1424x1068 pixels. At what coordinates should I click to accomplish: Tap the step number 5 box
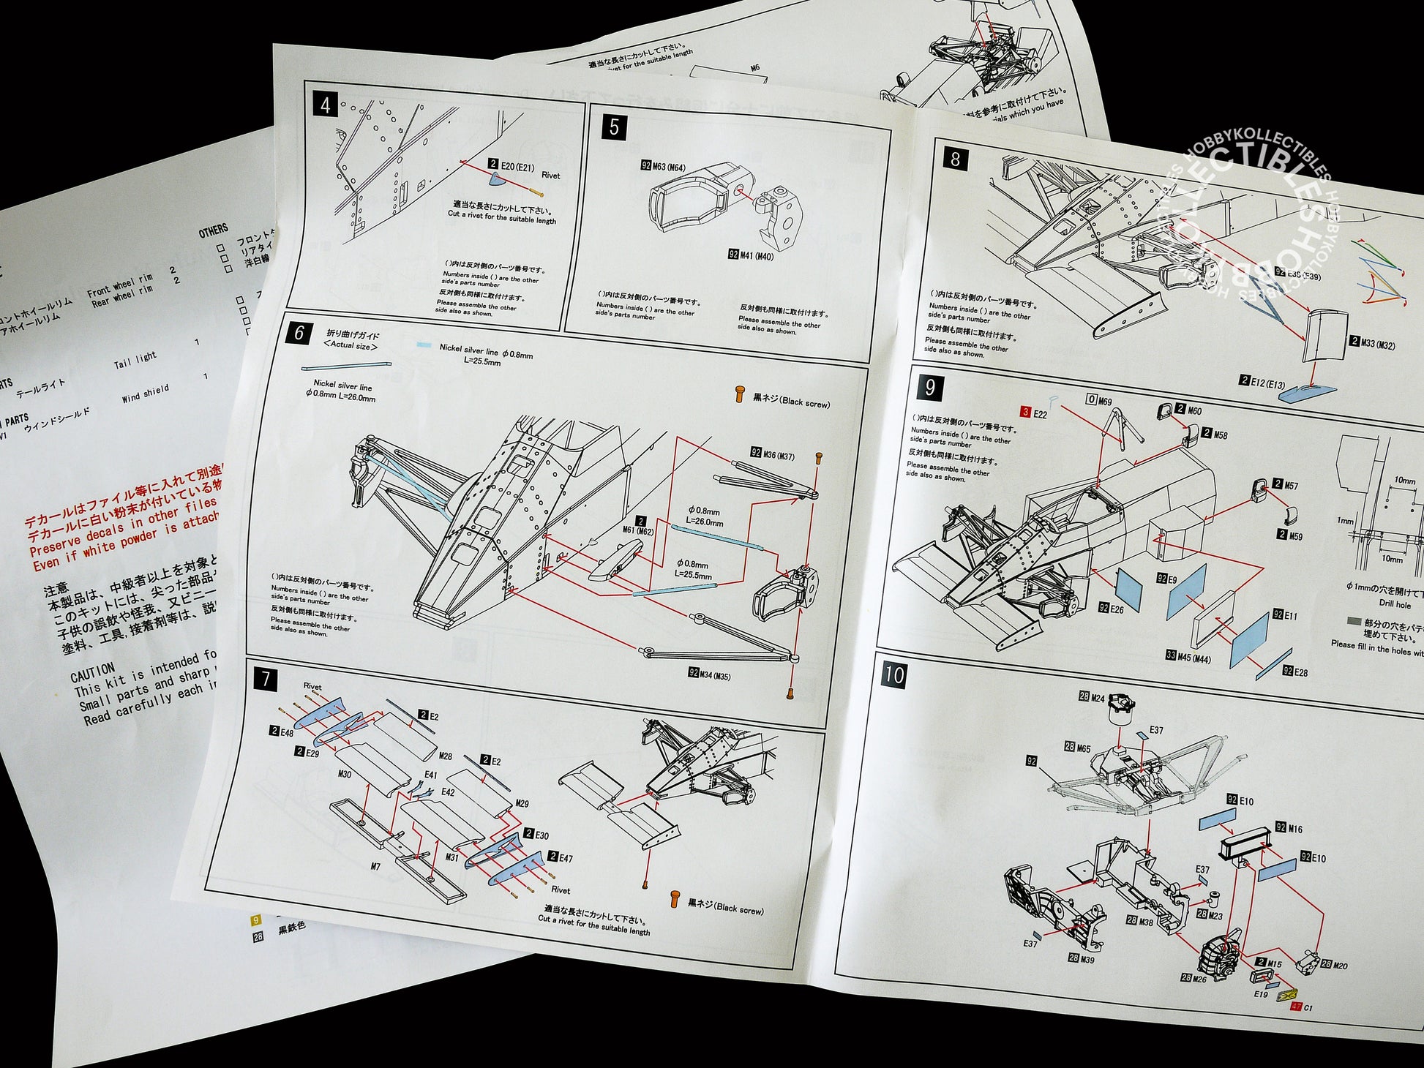[x=613, y=127]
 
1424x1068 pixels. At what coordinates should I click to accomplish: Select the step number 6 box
[x=299, y=333]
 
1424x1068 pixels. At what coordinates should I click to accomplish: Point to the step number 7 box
[x=265, y=679]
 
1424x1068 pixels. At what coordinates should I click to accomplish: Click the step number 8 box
[x=955, y=159]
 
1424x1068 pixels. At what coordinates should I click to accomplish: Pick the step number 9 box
[x=929, y=387]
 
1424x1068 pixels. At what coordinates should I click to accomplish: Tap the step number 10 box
[x=893, y=674]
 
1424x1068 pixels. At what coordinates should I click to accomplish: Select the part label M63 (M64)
[x=667, y=168]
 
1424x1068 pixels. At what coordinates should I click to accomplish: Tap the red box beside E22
[x=1026, y=413]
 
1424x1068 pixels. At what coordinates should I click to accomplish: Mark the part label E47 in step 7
[x=565, y=857]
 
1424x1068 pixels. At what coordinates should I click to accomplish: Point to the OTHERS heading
[x=213, y=231]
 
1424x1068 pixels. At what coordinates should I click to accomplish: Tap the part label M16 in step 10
[x=1294, y=828]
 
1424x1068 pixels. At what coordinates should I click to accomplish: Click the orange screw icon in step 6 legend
[x=740, y=396]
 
